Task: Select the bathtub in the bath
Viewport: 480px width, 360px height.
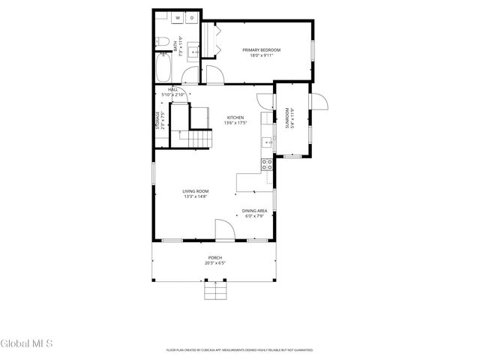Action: [x=163, y=68]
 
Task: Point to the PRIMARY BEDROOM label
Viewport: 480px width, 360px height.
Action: [x=257, y=49]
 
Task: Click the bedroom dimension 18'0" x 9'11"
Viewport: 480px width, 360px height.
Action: [x=257, y=55]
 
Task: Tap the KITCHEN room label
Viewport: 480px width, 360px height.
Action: [x=236, y=118]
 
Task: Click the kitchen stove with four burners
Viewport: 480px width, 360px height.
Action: [x=266, y=166]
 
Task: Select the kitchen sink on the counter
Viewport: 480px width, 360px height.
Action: [x=266, y=141]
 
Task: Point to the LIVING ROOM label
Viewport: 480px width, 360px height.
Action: [x=194, y=191]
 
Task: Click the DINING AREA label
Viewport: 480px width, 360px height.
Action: [x=254, y=211]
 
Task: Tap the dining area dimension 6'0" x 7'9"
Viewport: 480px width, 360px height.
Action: [x=254, y=216]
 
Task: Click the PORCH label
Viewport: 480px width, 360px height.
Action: [x=215, y=257]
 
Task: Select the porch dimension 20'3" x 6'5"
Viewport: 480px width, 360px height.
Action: [x=215, y=262]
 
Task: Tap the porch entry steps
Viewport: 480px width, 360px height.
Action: [x=215, y=290]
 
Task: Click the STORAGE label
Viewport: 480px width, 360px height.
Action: [x=157, y=121]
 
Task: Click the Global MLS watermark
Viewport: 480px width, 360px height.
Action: [x=27, y=344]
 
